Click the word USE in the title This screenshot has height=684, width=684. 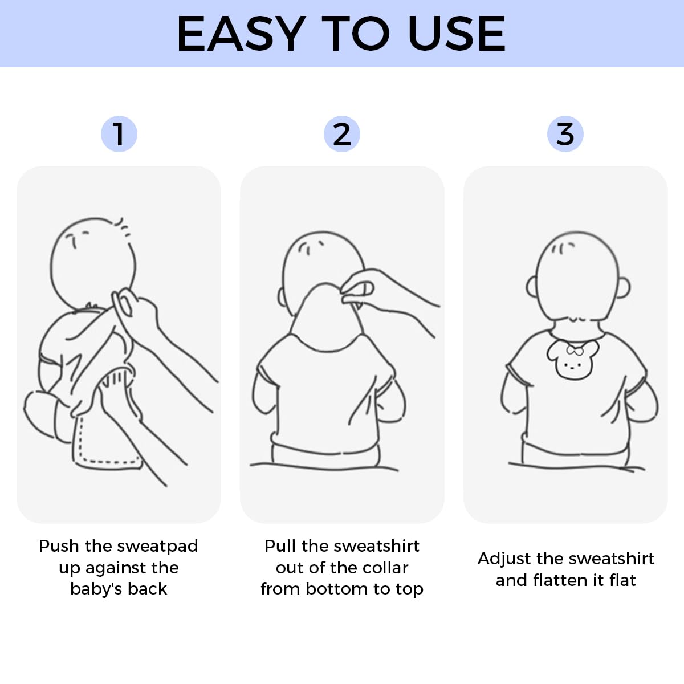[x=456, y=34]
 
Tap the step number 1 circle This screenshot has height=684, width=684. [x=119, y=134]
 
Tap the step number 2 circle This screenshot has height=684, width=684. [x=341, y=134]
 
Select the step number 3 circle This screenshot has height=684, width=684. [x=565, y=134]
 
